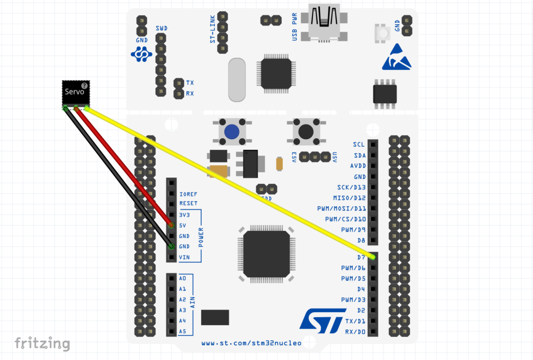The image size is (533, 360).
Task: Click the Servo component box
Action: click(x=76, y=92)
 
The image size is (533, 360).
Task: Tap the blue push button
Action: click(x=232, y=132)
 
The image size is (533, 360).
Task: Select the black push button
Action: click(x=306, y=131)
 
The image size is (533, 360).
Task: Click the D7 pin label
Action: click(x=361, y=258)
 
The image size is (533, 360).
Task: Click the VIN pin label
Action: click(x=184, y=257)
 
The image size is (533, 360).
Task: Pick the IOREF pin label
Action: click(x=188, y=195)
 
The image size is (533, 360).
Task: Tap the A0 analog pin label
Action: click(x=182, y=278)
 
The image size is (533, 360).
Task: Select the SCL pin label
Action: click(x=359, y=144)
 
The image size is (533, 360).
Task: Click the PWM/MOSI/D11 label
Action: click(x=341, y=208)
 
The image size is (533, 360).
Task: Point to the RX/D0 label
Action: click(x=355, y=332)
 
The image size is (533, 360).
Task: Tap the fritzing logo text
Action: click(x=42, y=343)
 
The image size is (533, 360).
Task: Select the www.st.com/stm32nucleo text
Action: click(x=251, y=343)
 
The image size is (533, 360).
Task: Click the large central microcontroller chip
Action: click(x=266, y=254)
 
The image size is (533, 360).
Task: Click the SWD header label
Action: click(x=161, y=28)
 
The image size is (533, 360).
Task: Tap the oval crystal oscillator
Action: click(x=237, y=80)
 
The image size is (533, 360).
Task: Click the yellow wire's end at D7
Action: click(x=372, y=257)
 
